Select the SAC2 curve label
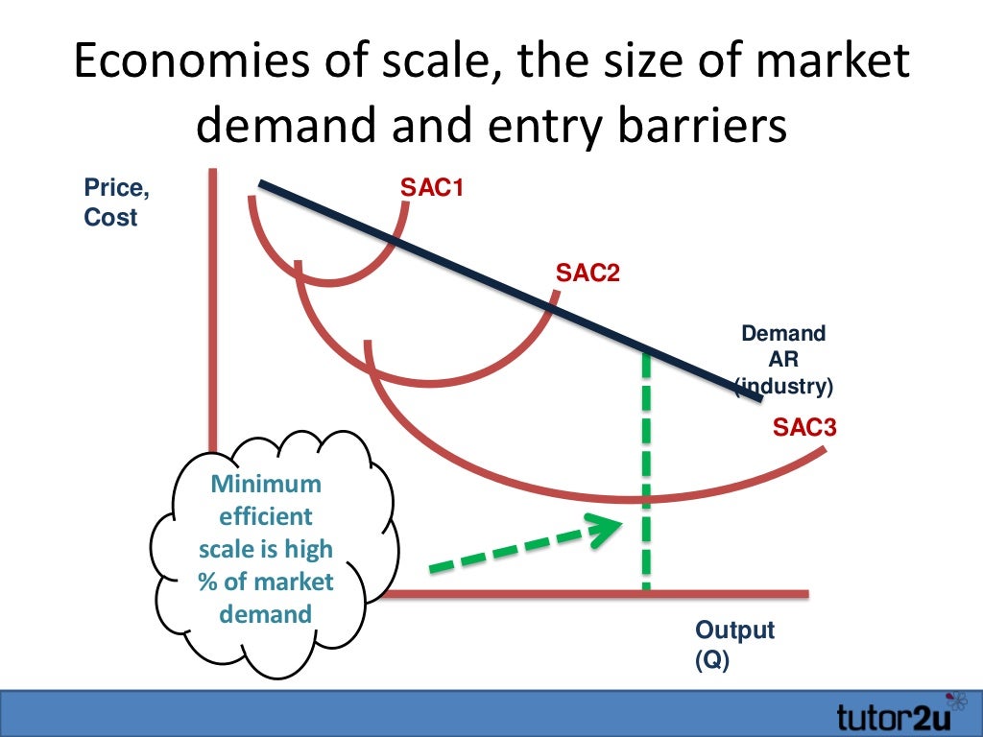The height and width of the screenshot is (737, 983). coord(587,273)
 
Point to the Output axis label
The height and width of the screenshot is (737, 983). coord(734,630)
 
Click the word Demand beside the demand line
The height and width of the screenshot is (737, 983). coord(783,334)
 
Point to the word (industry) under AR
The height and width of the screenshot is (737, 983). coord(784,388)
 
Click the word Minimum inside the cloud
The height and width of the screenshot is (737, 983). coord(267,484)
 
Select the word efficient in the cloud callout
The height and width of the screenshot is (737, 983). coord(266,516)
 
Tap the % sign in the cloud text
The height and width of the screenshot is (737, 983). coord(206,582)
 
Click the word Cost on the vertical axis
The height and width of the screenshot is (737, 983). coord(110,218)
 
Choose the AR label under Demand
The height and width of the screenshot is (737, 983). coord(783,361)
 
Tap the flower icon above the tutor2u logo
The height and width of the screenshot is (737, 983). coord(956,698)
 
